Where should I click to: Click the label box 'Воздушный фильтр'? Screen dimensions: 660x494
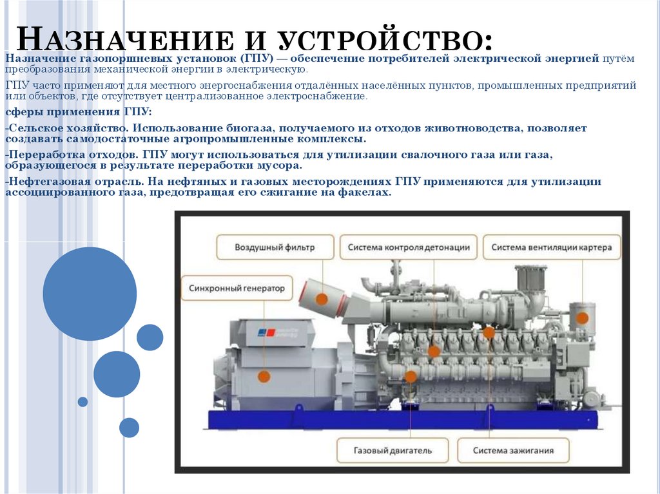pos(275,247)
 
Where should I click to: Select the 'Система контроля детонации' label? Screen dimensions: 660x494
pos(408,247)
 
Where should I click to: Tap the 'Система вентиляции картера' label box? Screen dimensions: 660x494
pos(552,247)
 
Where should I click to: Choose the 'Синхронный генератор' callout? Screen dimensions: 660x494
pos(237,289)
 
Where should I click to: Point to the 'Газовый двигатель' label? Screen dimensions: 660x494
pos(393,450)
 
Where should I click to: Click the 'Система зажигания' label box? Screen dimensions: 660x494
pos(513,450)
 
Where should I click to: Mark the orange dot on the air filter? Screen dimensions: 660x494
pos(322,299)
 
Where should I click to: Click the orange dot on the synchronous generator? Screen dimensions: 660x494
pos(264,376)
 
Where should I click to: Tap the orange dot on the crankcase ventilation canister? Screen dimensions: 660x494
pos(582,318)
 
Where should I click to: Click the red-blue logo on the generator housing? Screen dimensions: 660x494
pos(266,332)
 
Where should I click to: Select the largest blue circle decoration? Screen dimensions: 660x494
pos(90,293)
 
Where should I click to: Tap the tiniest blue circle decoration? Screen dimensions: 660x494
pos(82,401)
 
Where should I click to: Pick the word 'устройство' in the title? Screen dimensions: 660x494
pos(385,39)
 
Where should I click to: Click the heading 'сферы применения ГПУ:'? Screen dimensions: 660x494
pos(78,112)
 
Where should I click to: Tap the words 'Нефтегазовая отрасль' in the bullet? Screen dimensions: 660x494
pos(76,182)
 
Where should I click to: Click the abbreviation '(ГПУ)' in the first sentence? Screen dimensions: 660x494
pos(257,58)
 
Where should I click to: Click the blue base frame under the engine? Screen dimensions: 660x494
pos(403,419)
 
